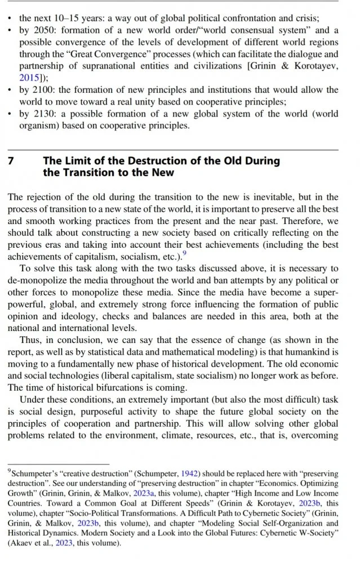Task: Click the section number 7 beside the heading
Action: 11,161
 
